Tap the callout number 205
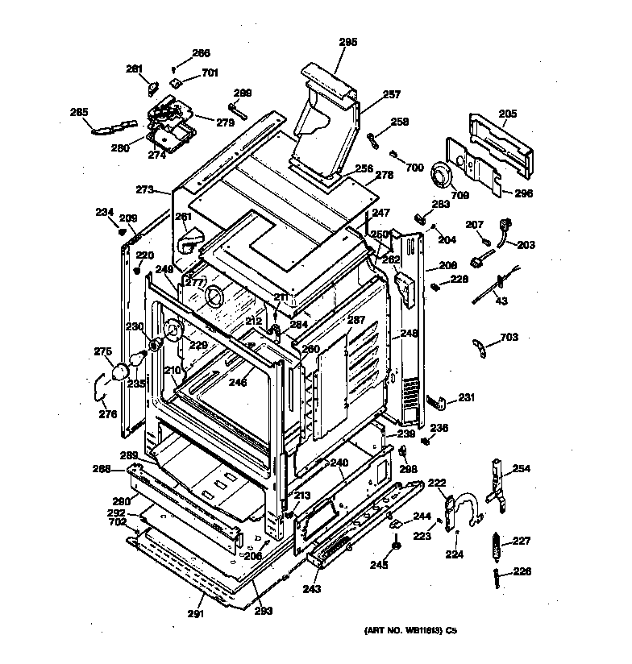(507, 114)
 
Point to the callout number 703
(509, 337)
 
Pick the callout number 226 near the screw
(522, 573)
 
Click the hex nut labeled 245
(397, 549)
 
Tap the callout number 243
(312, 589)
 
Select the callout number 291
(196, 614)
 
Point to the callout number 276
(107, 415)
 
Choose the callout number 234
(104, 212)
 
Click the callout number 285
(79, 112)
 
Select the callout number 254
(522, 468)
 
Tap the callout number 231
(468, 396)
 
